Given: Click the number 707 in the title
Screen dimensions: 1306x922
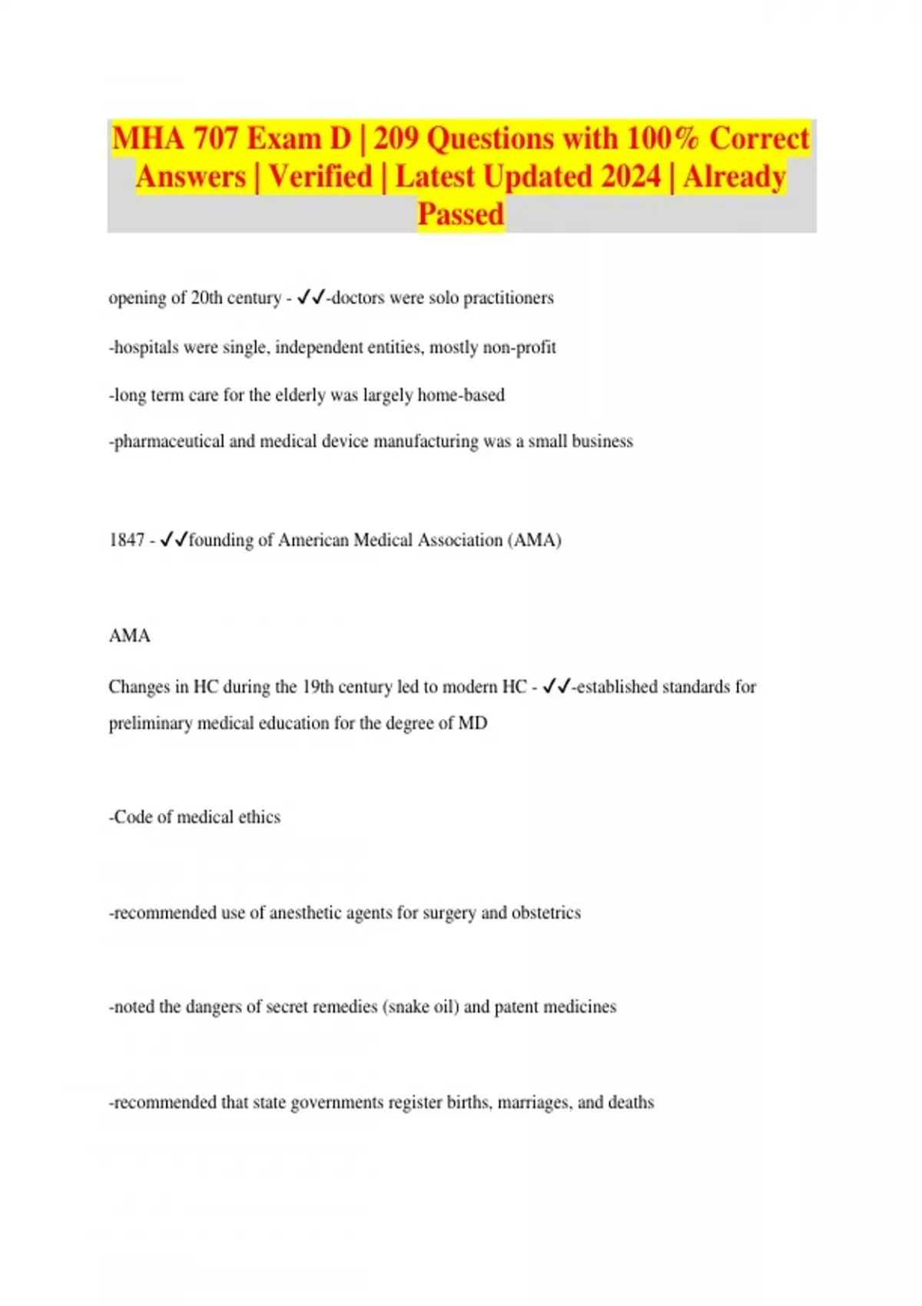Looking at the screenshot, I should (216, 139).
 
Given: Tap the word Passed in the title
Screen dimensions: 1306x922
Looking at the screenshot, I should (460, 214).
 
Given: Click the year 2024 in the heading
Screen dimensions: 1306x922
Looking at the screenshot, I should (631, 177).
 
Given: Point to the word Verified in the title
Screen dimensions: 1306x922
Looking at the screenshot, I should (320, 177).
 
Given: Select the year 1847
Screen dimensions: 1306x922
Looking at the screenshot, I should (127, 540).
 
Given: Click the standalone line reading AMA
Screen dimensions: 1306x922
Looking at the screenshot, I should (129, 636).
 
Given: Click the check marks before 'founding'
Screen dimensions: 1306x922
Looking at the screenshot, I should (174, 540).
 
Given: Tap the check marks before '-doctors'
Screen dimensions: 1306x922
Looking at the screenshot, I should (311, 297).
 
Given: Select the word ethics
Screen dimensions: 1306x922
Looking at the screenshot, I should (259, 817).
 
